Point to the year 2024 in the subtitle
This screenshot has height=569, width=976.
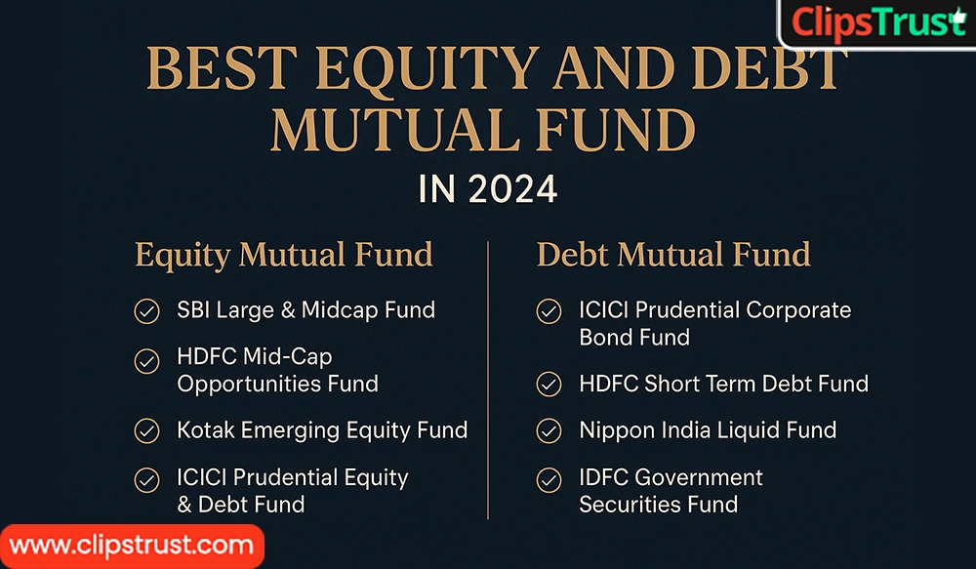[x=513, y=188]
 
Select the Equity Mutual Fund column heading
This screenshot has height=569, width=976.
[x=283, y=255]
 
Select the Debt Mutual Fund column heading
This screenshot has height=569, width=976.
[x=673, y=255]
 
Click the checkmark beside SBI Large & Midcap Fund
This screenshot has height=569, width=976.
[x=146, y=311]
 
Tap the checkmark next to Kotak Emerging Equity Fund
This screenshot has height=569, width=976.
[x=146, y=430]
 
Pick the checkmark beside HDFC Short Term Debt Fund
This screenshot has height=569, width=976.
[x=549, y=384]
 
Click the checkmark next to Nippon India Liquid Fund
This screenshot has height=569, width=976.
[x=549, y=430]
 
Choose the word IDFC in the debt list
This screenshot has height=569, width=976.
[x=603, y=477]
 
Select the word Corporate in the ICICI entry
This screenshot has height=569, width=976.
[x=798, y=310]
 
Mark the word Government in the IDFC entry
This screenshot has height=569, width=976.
[x=699, y=477]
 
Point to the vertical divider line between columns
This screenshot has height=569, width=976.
[x=488, y=381]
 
